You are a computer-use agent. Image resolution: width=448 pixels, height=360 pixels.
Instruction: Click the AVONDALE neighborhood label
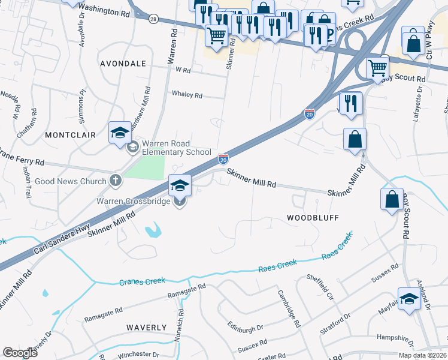(123, 63)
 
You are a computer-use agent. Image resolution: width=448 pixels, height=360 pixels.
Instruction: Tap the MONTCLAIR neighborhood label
(71, 135)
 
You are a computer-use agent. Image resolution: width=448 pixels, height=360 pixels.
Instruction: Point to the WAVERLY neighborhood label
(146, 327)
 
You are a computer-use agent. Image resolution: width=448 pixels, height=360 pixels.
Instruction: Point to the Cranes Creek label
(143, 281)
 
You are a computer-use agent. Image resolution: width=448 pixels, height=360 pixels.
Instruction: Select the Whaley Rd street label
(187, 95)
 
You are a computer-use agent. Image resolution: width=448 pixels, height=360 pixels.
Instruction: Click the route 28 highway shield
(154, 19)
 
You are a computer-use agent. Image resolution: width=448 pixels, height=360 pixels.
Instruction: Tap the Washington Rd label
(104, 10)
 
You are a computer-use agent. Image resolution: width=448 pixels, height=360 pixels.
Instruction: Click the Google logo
(20, 352)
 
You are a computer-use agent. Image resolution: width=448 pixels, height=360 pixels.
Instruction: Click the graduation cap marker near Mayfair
(409, 298)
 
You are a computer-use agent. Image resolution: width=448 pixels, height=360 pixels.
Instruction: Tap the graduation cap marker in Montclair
(120, 132)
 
